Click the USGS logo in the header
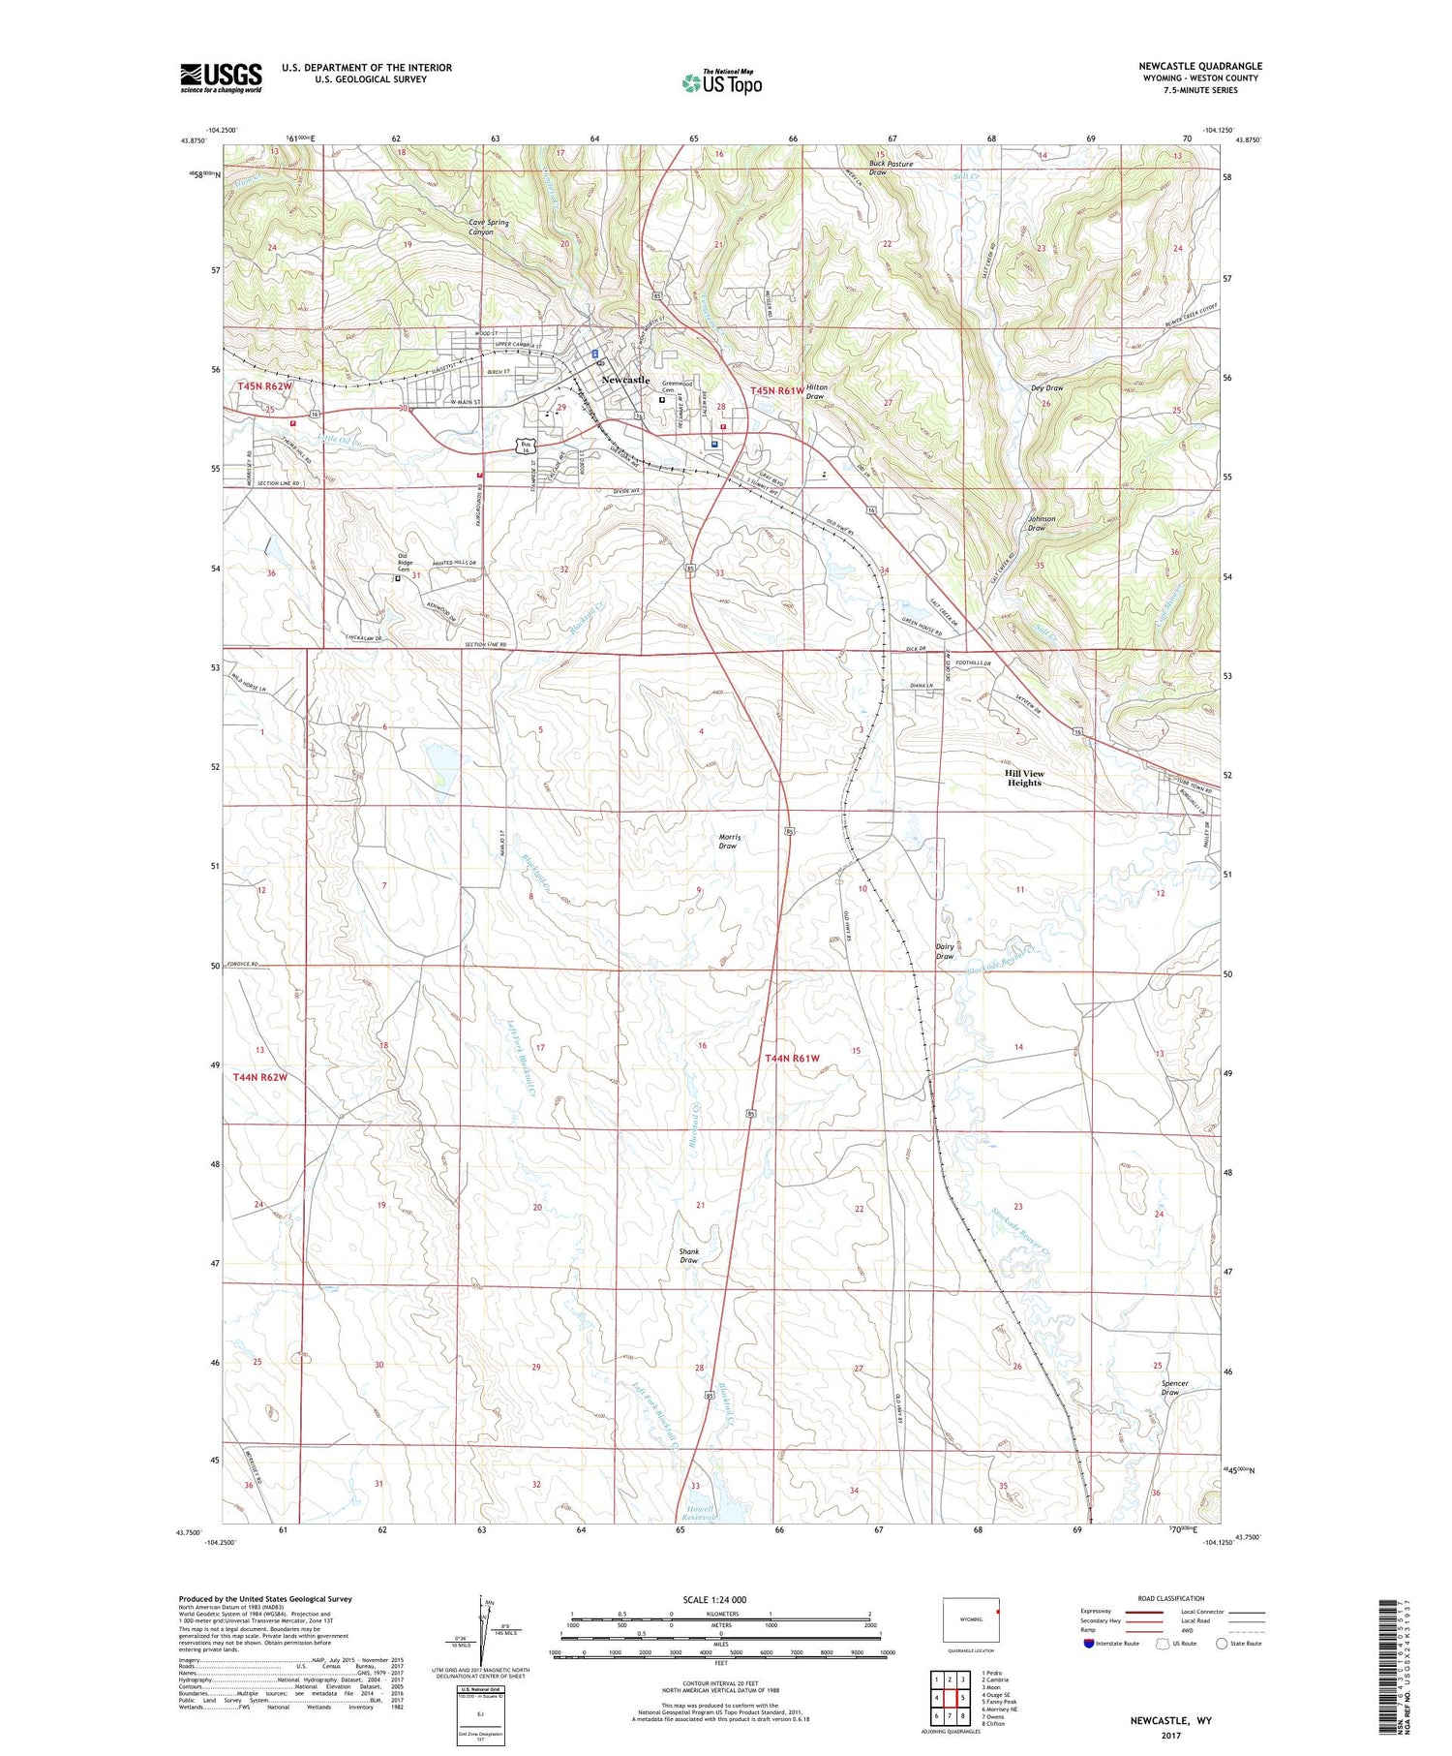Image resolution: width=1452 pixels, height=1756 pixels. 221,77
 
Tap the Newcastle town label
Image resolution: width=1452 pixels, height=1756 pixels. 625,380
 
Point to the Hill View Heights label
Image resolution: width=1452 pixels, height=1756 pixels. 1024,778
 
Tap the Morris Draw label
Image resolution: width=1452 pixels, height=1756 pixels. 727,841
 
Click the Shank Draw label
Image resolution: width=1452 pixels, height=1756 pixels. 689,1255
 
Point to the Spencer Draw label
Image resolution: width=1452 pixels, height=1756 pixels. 1174,1388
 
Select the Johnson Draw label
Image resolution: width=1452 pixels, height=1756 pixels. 1042,523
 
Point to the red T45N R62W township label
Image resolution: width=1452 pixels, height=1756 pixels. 263,386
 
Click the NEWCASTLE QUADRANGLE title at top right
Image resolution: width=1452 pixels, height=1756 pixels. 1199,66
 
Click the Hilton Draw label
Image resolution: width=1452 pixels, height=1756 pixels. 816,390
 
